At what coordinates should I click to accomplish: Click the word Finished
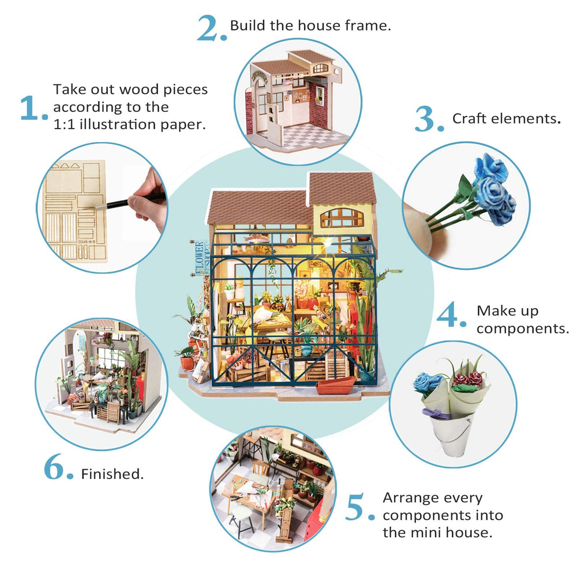tap(113, 474)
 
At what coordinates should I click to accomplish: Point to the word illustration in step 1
tap(118, 124)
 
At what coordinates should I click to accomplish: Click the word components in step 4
tap(523, 329)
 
